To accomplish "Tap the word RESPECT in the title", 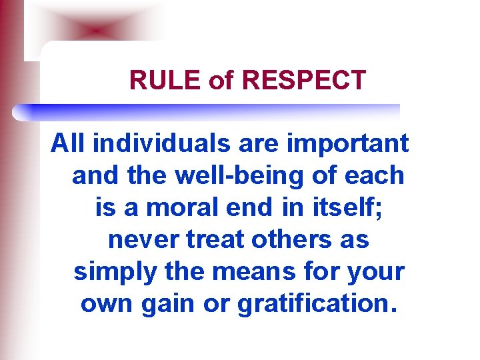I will pyautogui.click(x=304, y=80).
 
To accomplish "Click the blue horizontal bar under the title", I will pyautogui.click(x=207, y=111).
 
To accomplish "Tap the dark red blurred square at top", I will pyautogui.click(x=97, y=31).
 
